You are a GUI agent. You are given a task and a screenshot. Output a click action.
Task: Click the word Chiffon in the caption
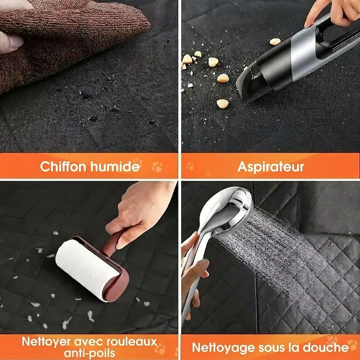63,166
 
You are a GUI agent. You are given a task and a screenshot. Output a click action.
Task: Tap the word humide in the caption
115,166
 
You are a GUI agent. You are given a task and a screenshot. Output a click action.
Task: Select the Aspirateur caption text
270,166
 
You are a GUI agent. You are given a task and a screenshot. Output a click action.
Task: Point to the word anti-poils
89,353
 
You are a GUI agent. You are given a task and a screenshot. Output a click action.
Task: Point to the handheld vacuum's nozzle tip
246,88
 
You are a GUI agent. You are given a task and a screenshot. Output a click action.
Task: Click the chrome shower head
229,211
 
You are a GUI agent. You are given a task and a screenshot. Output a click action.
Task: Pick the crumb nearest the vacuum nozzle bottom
223,103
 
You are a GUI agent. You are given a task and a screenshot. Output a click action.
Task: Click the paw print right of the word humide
157,167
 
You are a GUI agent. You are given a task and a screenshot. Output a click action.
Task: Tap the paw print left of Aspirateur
190,166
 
